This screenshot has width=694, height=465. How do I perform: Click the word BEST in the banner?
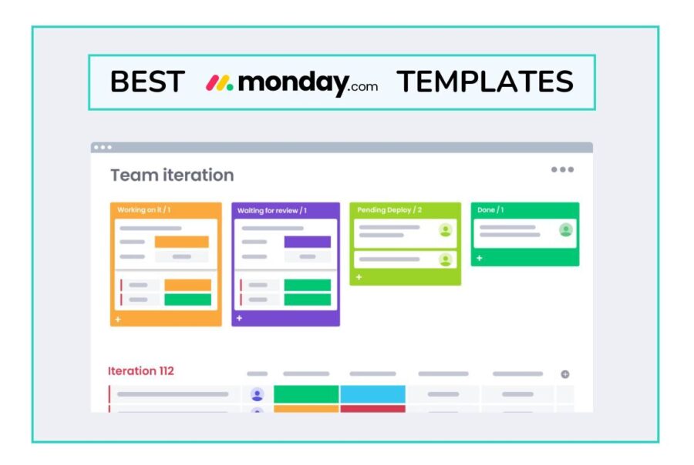click(147, 82)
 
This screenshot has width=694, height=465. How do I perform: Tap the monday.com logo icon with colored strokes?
click(219, 82)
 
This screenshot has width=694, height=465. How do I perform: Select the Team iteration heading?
click(172, 175)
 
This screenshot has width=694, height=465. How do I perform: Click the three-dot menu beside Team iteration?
click(562, 169)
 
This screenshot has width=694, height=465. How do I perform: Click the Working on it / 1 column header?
click(144, 209)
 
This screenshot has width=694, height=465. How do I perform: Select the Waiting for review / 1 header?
click(271, 210)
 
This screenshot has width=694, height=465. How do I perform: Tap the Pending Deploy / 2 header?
click(390, 209)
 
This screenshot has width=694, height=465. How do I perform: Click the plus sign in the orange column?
click(118, 319)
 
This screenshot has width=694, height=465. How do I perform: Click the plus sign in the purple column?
click(239, 318)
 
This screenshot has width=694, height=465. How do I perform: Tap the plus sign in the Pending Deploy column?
click(359, 277)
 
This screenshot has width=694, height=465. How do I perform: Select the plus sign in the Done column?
click(479, 258)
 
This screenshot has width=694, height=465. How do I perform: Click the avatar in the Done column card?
click(566, 229)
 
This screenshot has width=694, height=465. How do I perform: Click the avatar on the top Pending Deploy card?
click(445, 229)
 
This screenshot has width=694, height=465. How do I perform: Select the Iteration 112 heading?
click(141, 370)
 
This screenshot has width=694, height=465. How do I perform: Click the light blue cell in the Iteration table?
click(372, 394)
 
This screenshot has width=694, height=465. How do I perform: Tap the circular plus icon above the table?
click(564, 374)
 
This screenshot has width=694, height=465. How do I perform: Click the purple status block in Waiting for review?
click(307, 242)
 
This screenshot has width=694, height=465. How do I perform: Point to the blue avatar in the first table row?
click(257, 394)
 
